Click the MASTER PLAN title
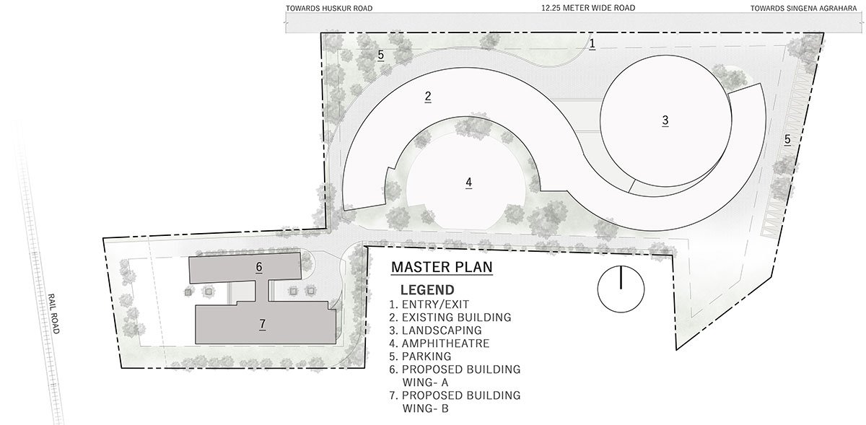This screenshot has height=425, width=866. coord(442,267)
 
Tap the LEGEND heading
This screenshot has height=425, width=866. coord(427,290)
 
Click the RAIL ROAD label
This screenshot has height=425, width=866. coord(53,314)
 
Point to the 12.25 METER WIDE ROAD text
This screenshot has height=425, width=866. coord(588,8)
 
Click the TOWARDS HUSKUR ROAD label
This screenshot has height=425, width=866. coord(329,8)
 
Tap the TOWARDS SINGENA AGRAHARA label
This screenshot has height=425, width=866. coord(804,8)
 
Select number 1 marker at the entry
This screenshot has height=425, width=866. coord(592,43)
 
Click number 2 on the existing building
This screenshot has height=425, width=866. coord(427,96)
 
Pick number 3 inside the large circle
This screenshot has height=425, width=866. coord(665,121)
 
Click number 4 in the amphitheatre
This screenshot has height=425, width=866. coord(468,182)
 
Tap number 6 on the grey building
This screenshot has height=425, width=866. coord(259,266)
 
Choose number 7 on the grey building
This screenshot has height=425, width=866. coord(263,324)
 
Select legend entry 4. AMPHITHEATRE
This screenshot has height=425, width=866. coord(439,343)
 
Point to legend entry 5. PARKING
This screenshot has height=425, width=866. coord(420,356)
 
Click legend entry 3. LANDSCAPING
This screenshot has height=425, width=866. coord(436,330)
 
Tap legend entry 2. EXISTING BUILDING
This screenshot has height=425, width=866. coord(450,317)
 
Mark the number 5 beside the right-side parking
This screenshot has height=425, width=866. coord(787,139)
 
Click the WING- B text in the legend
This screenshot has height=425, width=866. coord(426,408)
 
